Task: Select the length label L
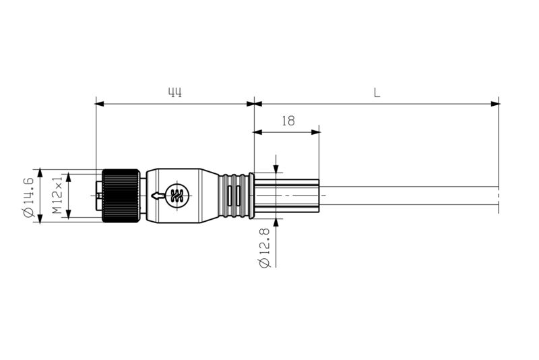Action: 377,93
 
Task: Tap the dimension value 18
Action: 288,121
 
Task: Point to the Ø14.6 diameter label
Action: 28,196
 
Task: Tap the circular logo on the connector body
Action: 178,196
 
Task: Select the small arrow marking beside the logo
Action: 158,196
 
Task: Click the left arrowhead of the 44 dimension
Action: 100,104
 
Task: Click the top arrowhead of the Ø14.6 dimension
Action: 40,173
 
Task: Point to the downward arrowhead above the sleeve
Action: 276,169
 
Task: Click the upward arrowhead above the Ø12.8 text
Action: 276,222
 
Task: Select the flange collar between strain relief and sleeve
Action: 251,196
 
